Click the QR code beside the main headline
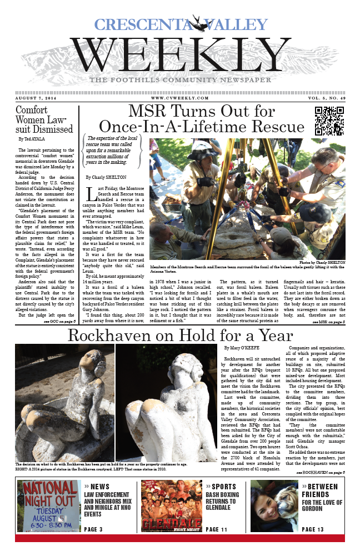329,121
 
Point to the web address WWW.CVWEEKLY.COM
180,98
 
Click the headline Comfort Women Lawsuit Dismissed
44,119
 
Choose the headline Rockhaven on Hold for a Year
180,336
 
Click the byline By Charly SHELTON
107,177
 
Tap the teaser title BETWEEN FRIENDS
320,490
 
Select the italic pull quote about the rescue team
114,151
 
